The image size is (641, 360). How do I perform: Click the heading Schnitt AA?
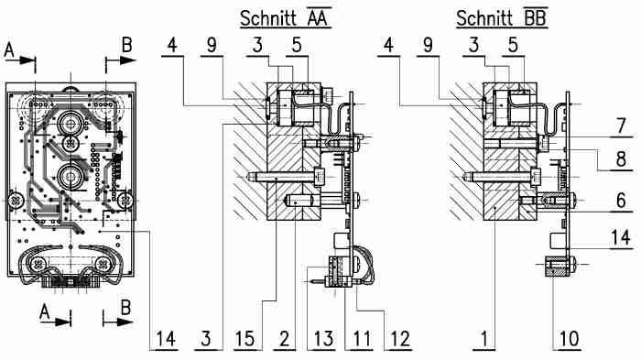click(x=285, y=17)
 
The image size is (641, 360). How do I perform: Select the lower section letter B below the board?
click(x=127, y=309)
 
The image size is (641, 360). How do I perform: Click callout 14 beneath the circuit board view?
click(x=165, y=338)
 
